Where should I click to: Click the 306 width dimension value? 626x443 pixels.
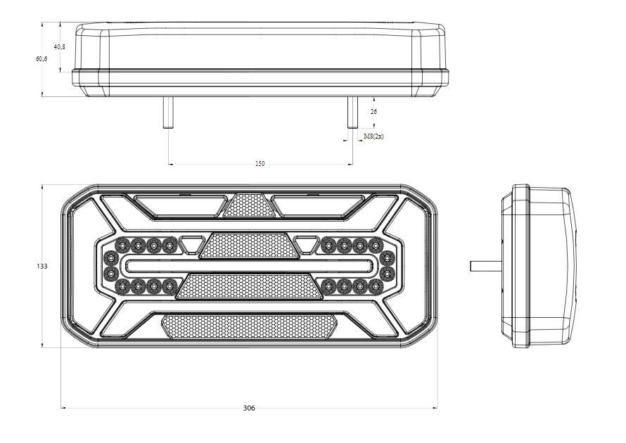coord(249,408)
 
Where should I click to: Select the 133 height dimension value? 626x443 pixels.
coord(42,267)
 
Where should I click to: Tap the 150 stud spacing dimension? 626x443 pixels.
coord(260,164)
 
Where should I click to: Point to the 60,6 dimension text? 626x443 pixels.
coord(41,59)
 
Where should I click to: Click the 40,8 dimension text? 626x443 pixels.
coord(60,46)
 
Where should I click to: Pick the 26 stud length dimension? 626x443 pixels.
coord(373,112)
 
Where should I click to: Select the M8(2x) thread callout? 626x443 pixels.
coord(373,136)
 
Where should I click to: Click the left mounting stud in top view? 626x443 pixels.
coord(169,113)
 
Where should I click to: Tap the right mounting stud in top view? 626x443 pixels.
coord(352,113)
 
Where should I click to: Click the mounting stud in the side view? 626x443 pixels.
coord(486,266)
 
